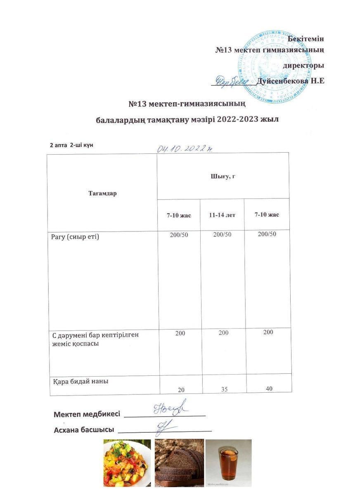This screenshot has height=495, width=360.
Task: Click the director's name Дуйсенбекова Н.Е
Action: click(x=290, y=81)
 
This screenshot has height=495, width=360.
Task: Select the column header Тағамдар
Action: click(x=102, y=193)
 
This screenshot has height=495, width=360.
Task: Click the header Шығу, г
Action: click(x=223, y=177)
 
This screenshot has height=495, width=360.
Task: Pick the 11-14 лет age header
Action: click(x=222, y=215)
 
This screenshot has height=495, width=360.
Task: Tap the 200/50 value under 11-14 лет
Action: click(x=222, y=234)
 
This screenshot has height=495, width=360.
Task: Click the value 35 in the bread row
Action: click(x=224, y=388)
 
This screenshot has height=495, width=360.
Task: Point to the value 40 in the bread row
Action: click(x=269, y=388)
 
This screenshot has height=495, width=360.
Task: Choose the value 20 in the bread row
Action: click(x=180, y=389)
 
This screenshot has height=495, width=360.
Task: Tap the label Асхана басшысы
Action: click(x=84, y=430)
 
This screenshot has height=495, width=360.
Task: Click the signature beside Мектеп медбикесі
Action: click(x=170, y=408)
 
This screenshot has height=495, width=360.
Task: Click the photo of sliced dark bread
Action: click(x=179, y=463)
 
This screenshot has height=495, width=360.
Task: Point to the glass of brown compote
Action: click(x=228, y=463)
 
